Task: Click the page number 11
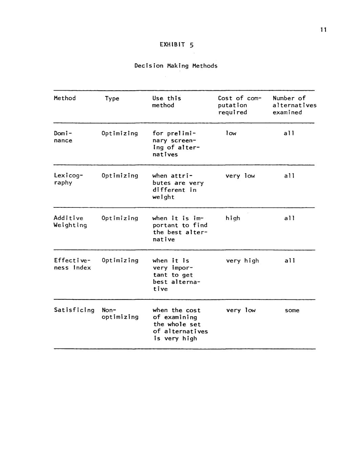pos(323,30)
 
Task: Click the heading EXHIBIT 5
pos(176,45)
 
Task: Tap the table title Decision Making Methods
pos(176,66)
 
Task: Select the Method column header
pos(65,98)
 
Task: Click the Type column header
pos(112,98)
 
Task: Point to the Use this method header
pos(166,102)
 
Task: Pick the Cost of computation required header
pos(239,105)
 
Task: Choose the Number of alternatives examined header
pos(294,105)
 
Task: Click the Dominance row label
pos(63,137)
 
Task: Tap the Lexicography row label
pos(68,179)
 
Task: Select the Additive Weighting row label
pos(70,222)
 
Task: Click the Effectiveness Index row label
pos(72,264)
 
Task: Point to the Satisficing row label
pos(74,310)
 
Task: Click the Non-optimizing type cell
pos(120,313)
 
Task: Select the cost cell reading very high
pos(242,261)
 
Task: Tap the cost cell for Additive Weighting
pos(233,218)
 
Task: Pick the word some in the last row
pos(292,310)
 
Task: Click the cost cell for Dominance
pos(231,133)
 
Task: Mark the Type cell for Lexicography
pos(120,176)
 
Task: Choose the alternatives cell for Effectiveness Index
pos(290,261)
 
